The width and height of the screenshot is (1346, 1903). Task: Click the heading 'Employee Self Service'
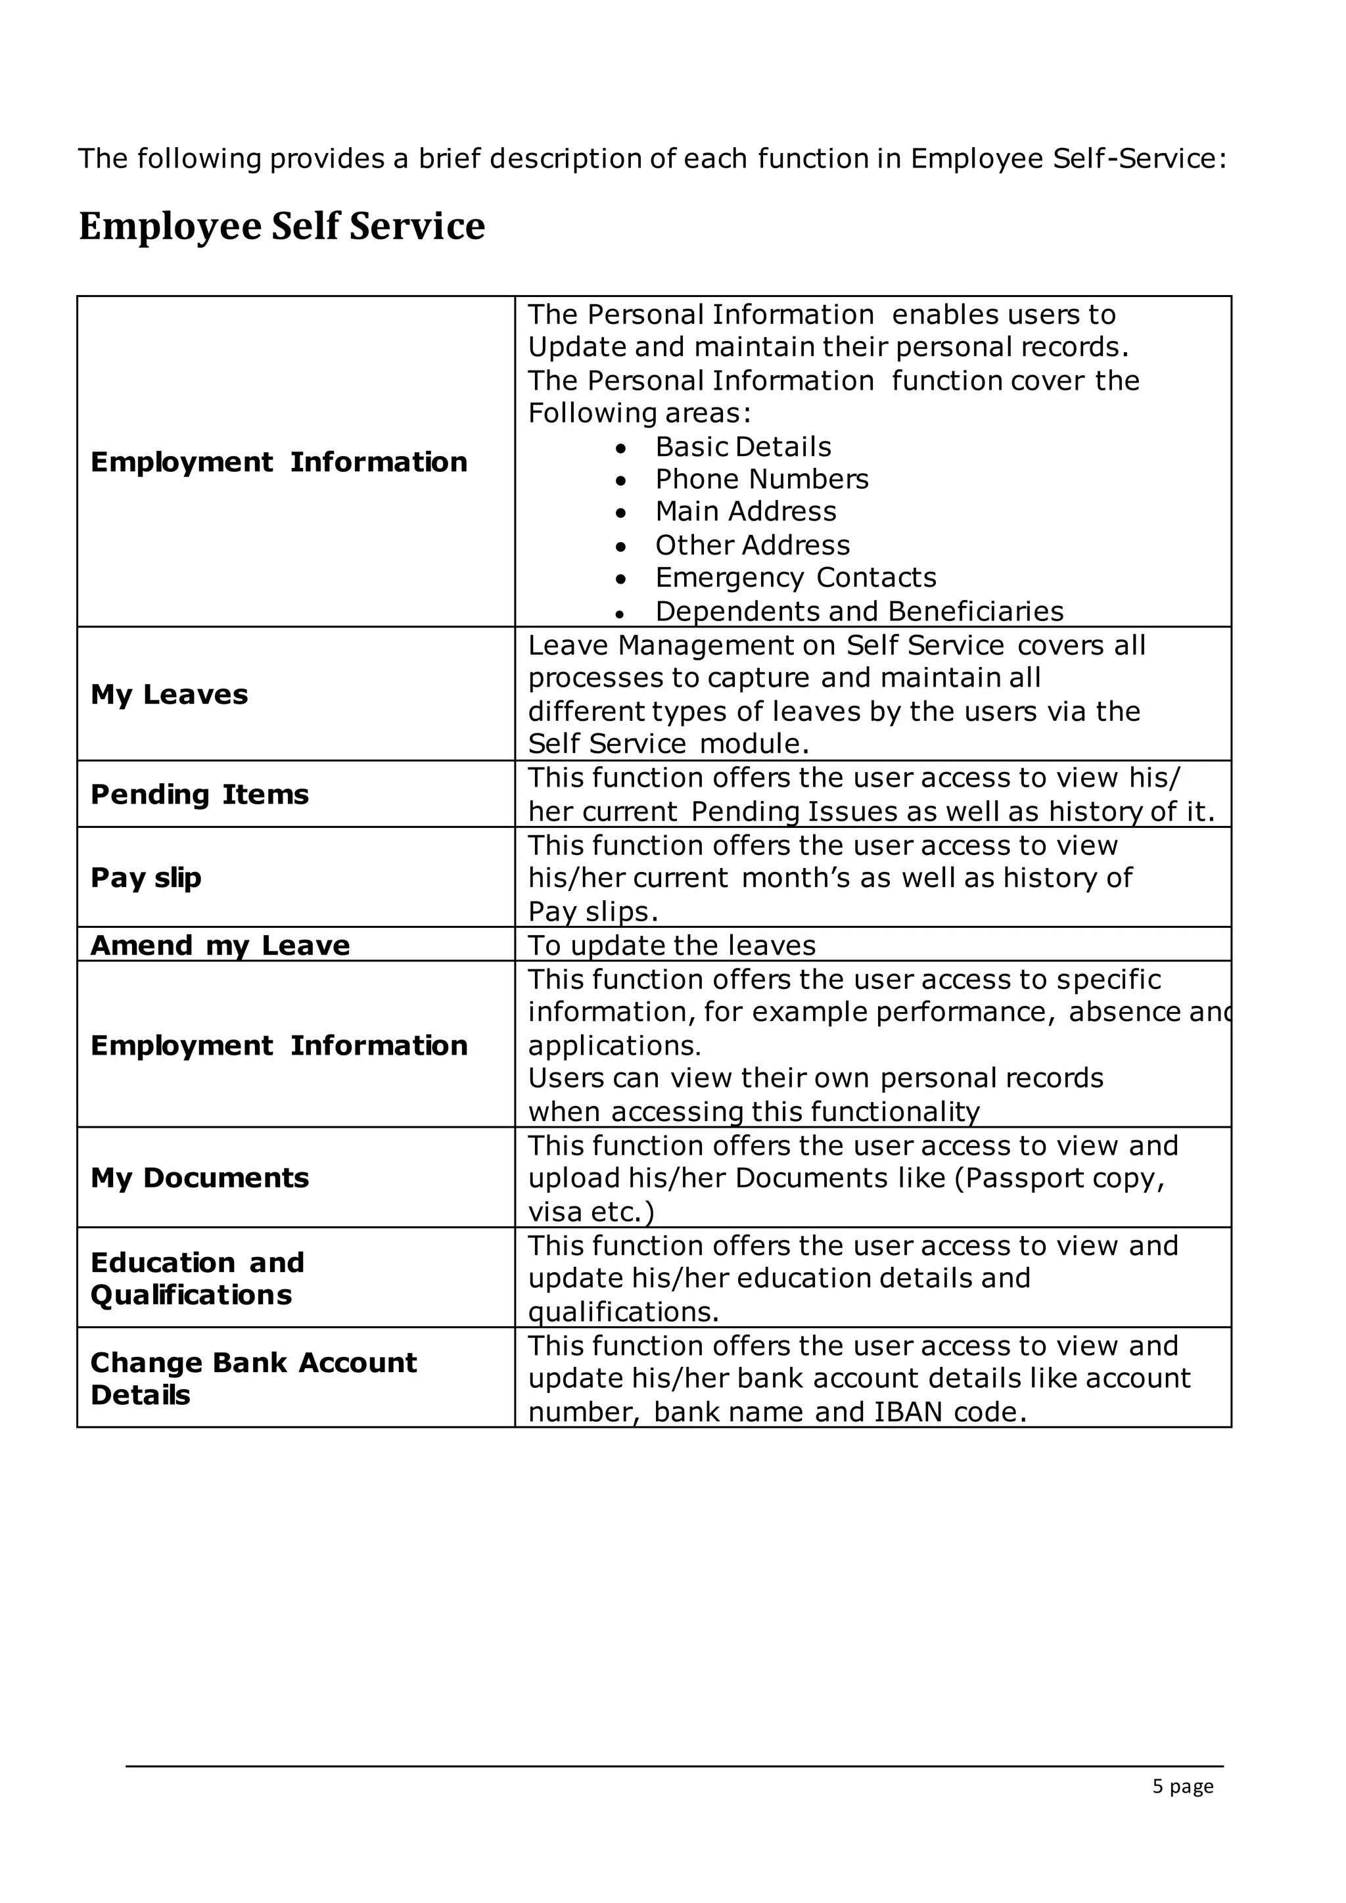point(282,226)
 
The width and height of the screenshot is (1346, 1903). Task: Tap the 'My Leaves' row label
point(169,695)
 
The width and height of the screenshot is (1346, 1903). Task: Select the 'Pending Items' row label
point(199,795)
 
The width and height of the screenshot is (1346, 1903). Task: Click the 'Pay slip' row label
point(146,878)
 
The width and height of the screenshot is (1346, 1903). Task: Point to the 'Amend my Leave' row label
point(220,946)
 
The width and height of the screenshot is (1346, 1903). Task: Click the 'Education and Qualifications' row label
point(197,1278)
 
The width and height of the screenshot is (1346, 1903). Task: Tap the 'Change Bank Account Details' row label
point(253,1379)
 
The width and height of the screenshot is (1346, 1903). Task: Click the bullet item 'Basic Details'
point(743,447)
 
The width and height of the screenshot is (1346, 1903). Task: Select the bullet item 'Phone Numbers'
point(762,480)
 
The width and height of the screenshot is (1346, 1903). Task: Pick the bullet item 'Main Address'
point(746,512)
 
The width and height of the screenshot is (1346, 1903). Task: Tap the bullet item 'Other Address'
point(753,545)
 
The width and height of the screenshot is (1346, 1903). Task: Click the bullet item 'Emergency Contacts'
point(796,578)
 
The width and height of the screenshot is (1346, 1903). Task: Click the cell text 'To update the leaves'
point(671,946)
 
